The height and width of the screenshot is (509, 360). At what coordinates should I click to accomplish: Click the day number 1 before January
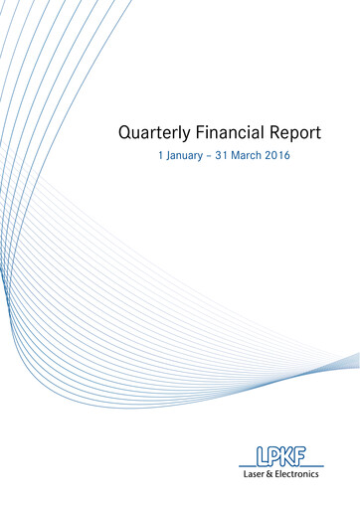(x=160, y=157)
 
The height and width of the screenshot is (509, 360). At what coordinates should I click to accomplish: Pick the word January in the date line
(x=186, y=157)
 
